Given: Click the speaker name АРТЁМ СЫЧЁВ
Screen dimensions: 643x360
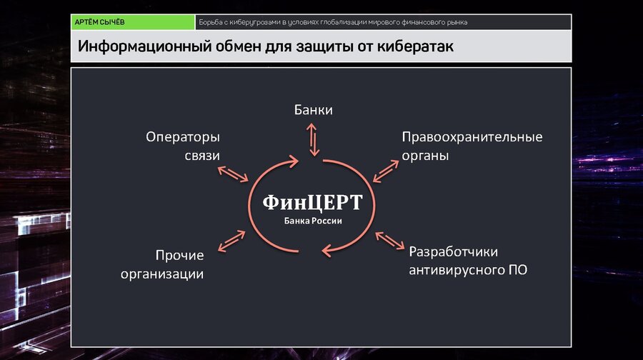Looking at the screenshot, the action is point(99,22).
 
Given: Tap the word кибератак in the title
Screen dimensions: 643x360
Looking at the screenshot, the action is point(415,46).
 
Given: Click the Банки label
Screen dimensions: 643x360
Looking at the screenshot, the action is point(314,110).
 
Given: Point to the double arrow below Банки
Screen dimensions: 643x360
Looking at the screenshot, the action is point(313,140).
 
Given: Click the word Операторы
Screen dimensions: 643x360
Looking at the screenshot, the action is point(183,137).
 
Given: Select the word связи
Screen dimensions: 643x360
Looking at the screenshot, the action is point(202,156).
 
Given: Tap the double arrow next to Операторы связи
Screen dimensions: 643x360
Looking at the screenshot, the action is point(233,174).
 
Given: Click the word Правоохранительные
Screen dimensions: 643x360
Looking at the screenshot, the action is point(472,137).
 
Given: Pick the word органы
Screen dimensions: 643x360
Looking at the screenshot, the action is point(425,156).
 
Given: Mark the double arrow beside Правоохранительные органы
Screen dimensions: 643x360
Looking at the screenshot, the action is point(386,171).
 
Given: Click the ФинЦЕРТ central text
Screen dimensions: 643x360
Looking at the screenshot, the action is point(312,203).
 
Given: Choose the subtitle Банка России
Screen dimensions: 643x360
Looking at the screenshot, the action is point(313,221).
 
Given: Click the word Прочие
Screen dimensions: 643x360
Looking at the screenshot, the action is point(179,256).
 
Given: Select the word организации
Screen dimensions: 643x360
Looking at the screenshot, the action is point(162,274).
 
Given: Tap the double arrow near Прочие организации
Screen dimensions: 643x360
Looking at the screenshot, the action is point(231,241).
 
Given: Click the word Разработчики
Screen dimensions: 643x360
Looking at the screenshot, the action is point(453,251).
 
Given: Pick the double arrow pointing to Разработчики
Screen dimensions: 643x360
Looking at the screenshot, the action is point(390,241).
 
